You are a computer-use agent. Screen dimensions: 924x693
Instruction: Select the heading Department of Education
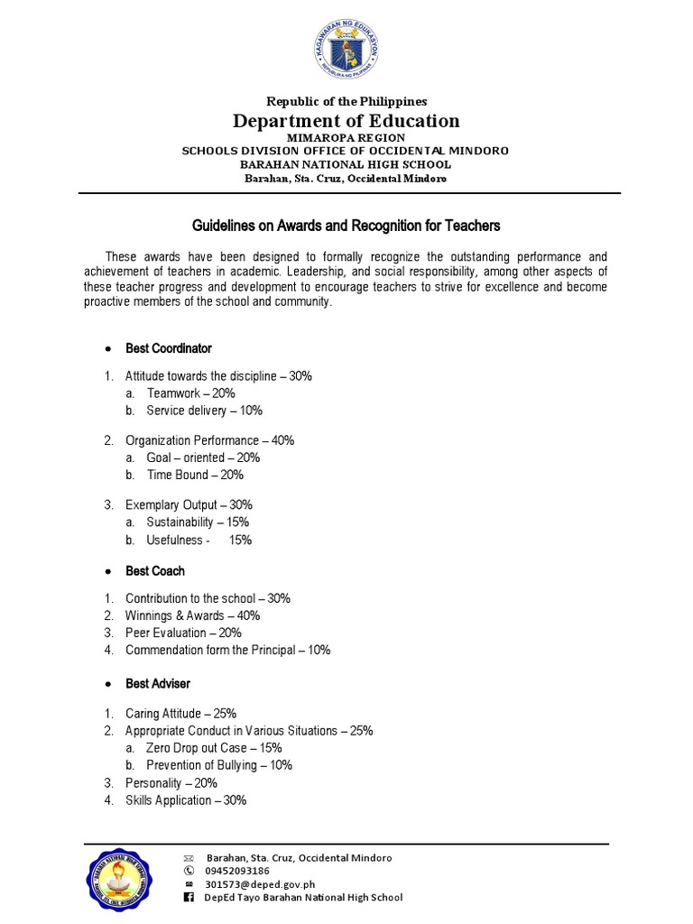(346, 121)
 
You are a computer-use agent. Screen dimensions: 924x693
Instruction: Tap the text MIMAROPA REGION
(346, 137)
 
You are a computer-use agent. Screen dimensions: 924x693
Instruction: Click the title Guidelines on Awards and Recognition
(346, 225)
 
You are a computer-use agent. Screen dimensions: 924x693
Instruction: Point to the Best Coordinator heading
(169, 348)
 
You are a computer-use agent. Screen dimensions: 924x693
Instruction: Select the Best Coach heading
(155, 571)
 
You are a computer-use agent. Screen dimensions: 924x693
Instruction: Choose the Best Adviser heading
(158, 684)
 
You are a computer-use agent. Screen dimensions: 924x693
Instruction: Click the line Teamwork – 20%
(190, 393)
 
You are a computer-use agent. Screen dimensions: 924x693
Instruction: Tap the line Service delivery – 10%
(204, 411)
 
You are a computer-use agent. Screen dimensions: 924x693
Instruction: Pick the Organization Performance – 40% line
(209, 440)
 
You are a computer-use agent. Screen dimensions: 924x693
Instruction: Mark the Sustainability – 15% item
(198, 522)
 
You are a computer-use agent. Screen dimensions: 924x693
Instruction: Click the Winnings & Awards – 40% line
(192, 615)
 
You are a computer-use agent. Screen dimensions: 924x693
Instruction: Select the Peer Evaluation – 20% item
(184, 633)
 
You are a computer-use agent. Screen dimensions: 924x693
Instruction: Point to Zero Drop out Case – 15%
(214, 748)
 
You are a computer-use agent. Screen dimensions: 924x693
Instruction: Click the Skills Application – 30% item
(186, 800)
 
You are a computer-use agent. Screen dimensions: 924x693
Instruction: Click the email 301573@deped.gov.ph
(260, 884)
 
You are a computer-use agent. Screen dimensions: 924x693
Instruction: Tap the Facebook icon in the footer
(189, 898)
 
